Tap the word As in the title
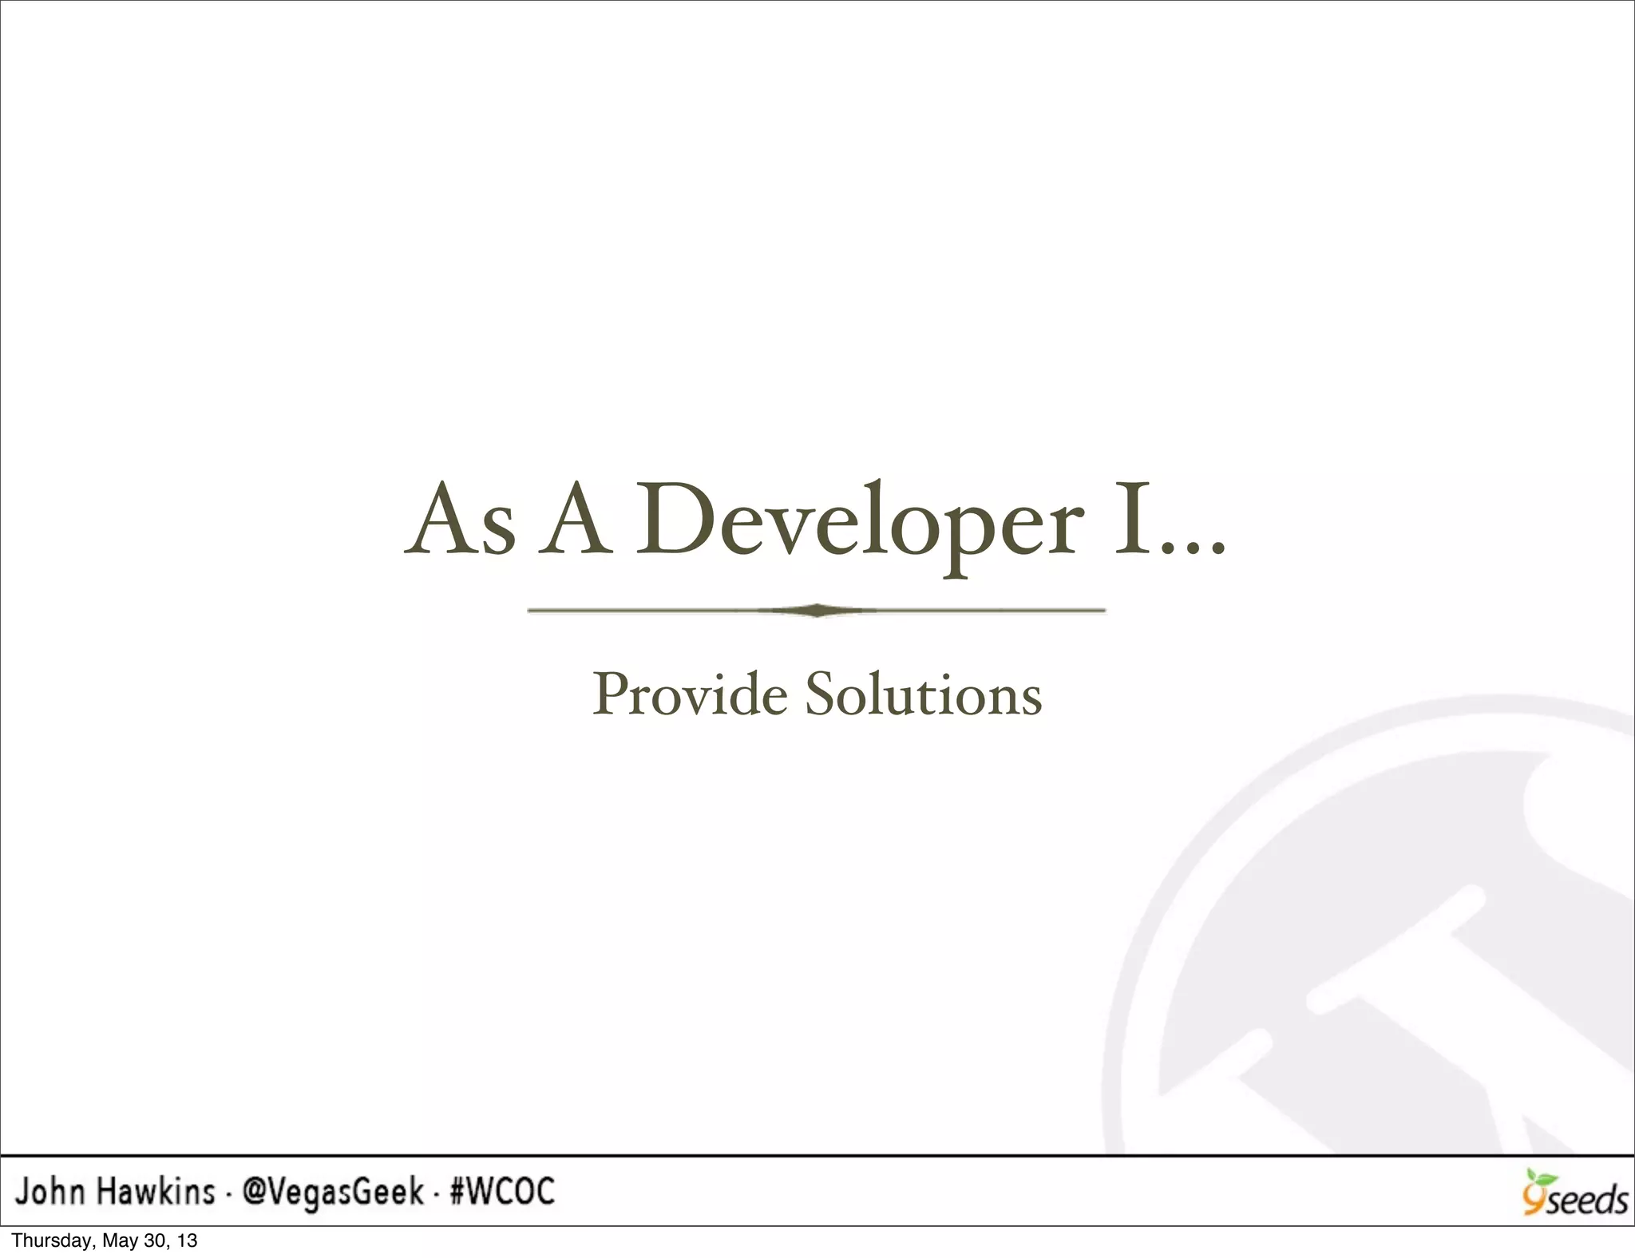tap(460, 520)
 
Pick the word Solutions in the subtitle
tap(923, 694)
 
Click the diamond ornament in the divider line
tap(816, 611)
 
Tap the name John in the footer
tap(49, 1193)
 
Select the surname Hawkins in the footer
tap(156, 1193)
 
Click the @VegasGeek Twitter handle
tap(333, 1193)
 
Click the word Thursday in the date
tap(46, 1241)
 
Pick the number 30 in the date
tap(155, 1241)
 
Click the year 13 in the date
tap(187, 1241)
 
